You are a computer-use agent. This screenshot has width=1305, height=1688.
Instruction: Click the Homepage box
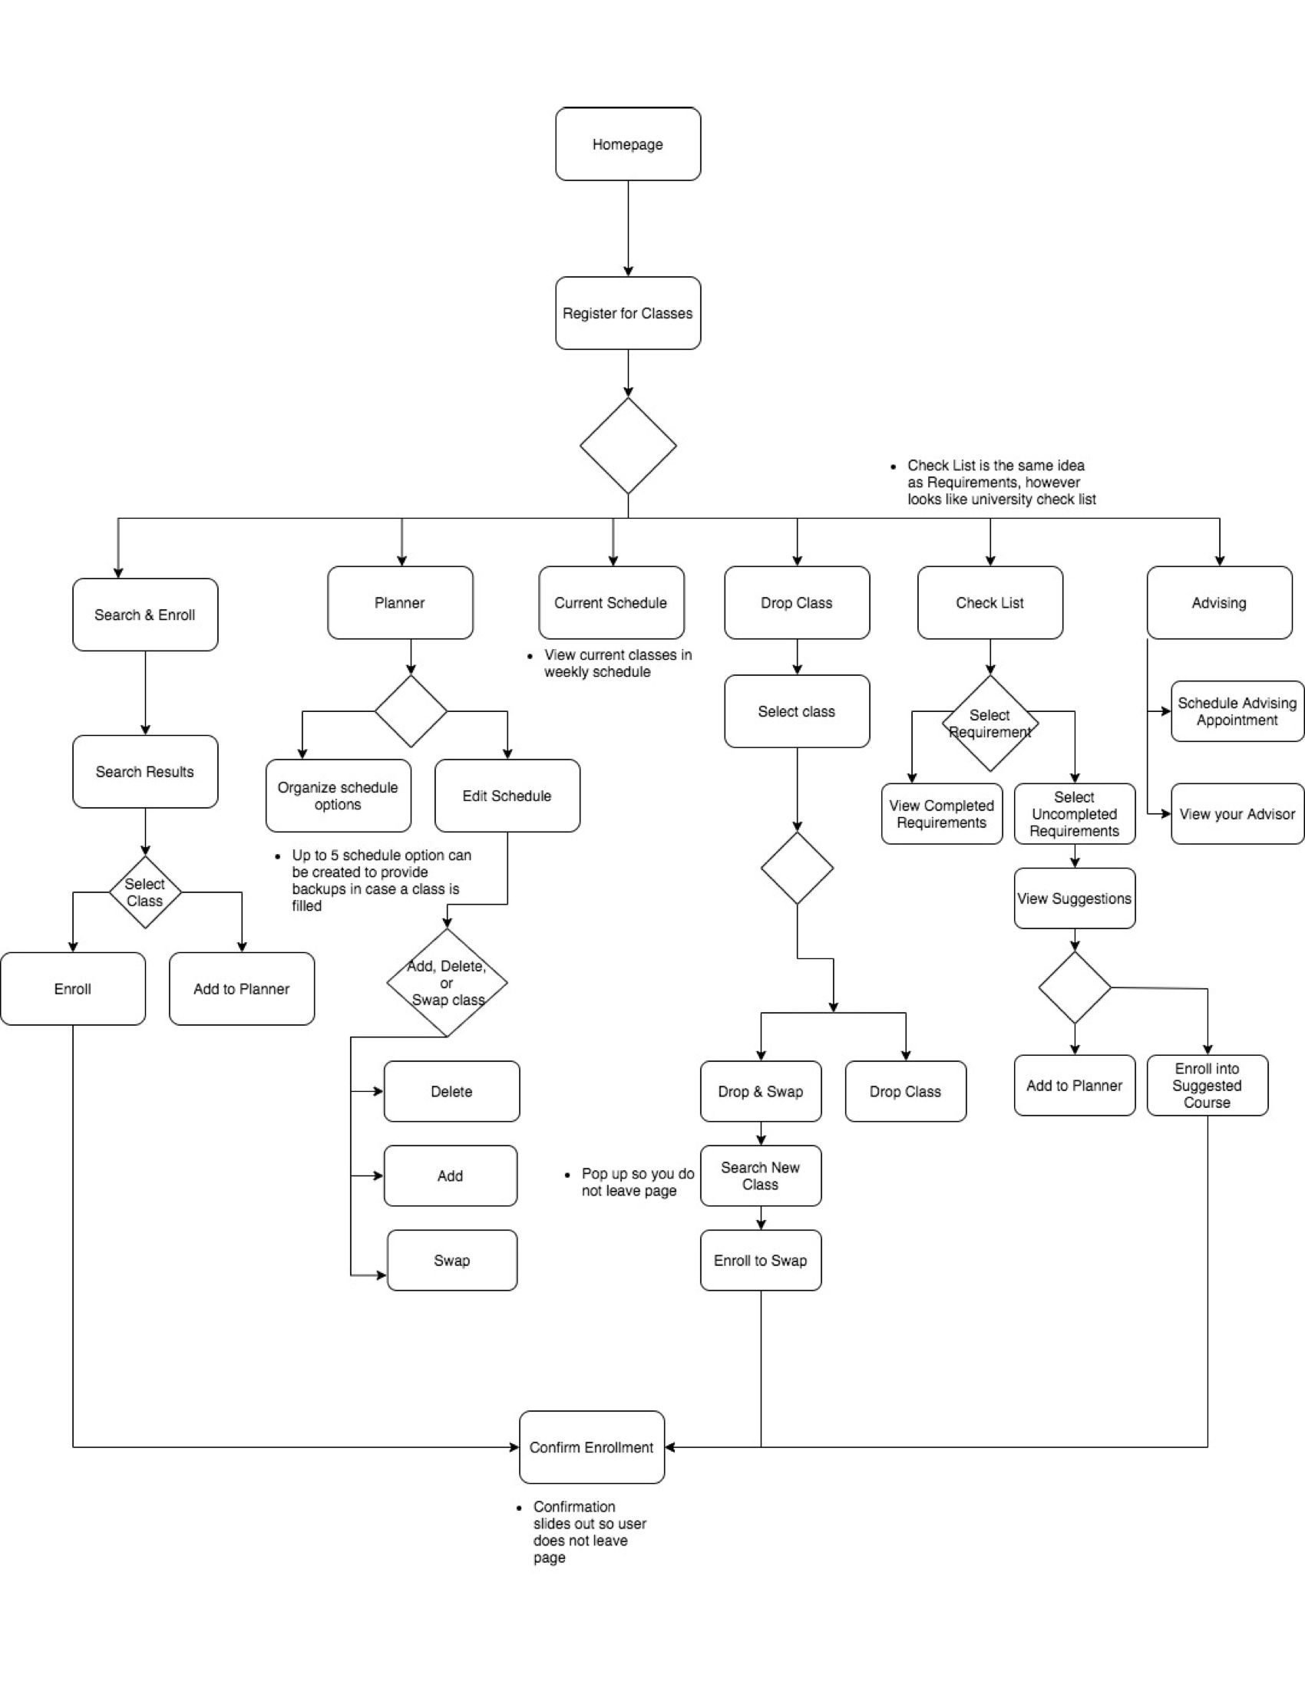coord(628,144)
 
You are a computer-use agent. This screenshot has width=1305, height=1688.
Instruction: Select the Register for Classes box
coord(628,313)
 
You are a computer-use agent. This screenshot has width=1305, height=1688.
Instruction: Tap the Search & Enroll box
coord(144,615)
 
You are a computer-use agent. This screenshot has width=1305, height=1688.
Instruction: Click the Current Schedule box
coord(611,603)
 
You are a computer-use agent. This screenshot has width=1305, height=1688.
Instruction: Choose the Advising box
coord(1219,603)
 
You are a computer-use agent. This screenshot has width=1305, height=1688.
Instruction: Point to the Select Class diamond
coord(144,892)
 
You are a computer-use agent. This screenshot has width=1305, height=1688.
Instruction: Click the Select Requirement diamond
coord(989,724)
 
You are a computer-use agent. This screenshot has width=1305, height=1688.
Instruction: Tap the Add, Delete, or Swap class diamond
coord(447,982)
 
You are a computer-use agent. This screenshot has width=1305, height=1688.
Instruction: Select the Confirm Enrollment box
coord(591,1447)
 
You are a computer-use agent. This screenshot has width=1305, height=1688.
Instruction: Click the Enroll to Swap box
coord(761,1261)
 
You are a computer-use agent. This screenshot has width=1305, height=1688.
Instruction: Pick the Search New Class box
coord(761,1175)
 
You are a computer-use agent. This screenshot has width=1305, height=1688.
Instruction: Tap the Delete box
coord(451,1091)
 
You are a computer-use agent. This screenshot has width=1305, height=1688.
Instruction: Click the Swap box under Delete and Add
coord(451,1261)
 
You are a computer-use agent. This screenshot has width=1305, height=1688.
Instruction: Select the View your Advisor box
coord(1237,814)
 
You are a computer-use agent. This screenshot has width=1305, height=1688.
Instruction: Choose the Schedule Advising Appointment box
coord(1237,711)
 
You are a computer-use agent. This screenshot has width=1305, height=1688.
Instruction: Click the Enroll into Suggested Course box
coord(1207,1085)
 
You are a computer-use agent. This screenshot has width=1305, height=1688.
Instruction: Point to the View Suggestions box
coord(1075,898)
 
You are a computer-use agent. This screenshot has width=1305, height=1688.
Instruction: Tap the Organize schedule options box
coord(338,796)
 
